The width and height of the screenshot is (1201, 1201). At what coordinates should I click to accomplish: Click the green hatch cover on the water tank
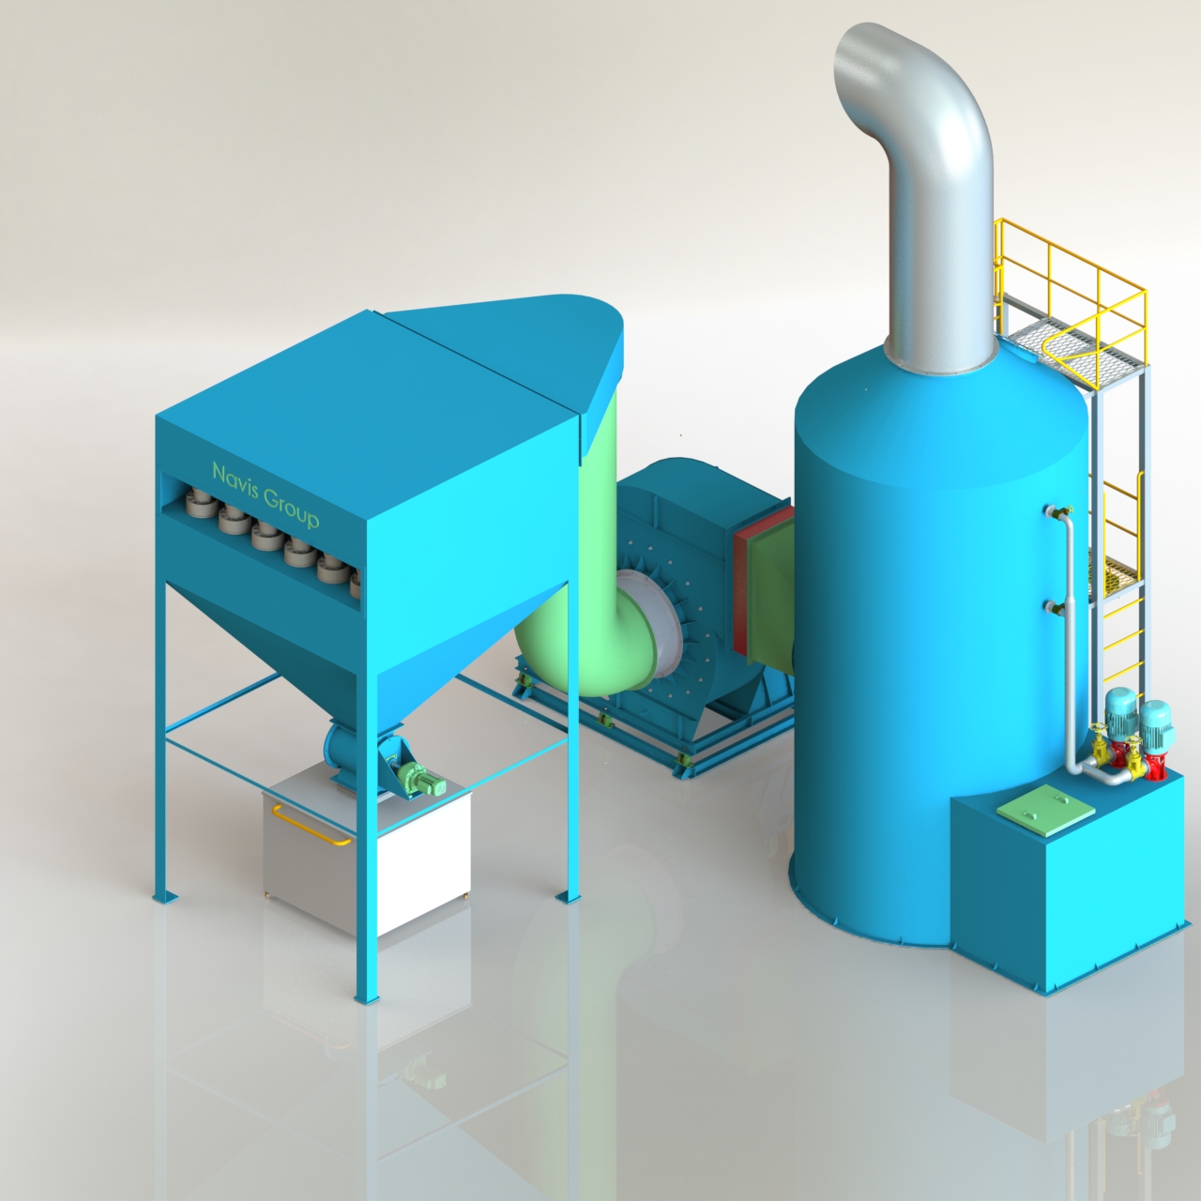point(1045,811)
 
